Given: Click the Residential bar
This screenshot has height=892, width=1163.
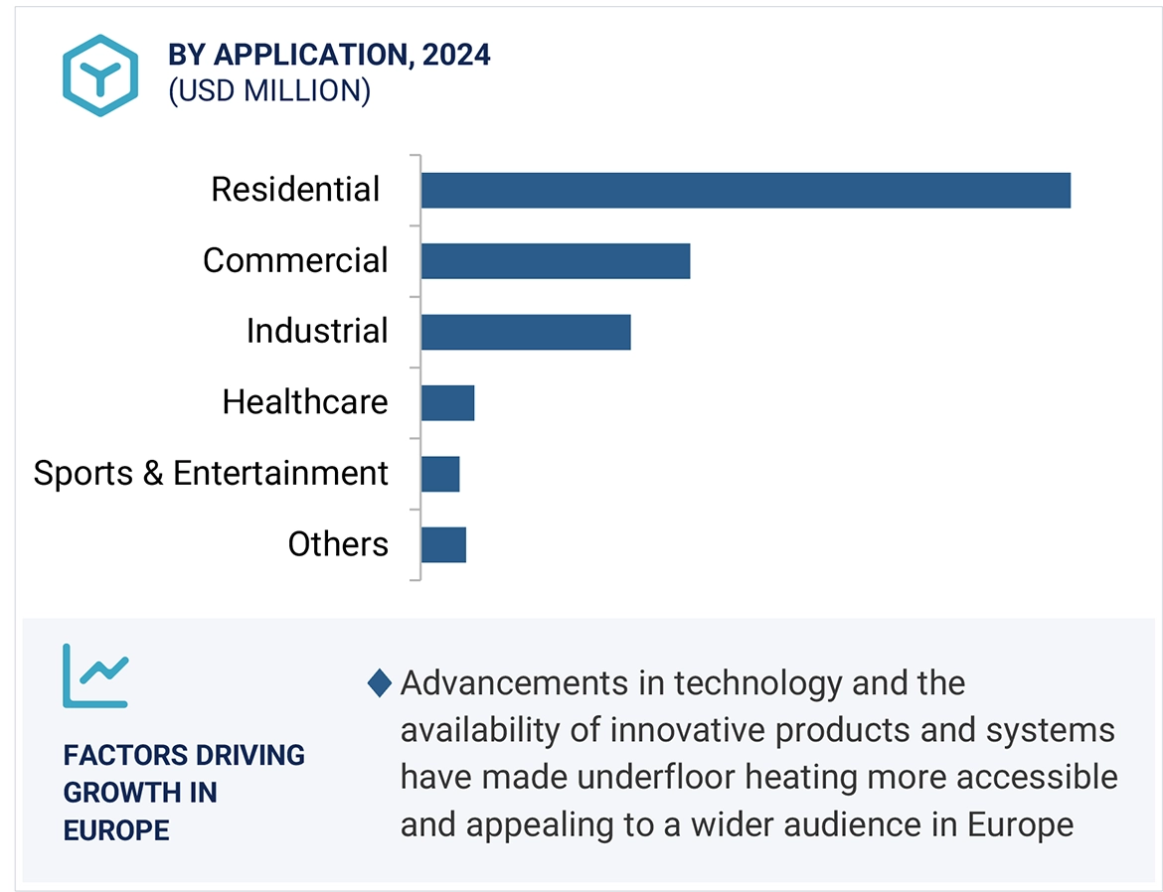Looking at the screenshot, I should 746,190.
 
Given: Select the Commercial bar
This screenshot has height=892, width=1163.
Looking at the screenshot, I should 555,260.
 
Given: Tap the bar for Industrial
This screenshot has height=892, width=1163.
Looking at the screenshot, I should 525,332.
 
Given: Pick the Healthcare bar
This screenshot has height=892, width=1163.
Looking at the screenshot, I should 447,402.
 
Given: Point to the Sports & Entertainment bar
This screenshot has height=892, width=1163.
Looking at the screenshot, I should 440,474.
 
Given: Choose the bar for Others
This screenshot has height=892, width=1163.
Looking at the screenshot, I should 443,544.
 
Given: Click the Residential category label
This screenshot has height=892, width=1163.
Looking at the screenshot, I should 295,190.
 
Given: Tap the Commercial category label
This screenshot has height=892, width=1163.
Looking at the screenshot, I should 295,260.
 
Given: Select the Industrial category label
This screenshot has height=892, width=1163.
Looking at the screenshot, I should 317,332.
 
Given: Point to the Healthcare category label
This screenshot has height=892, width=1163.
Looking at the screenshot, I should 305,402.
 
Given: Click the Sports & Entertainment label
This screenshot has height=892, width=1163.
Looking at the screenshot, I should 211,474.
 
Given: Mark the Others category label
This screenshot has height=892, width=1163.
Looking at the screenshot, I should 338,544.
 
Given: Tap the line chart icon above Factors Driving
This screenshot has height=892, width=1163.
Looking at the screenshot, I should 95,675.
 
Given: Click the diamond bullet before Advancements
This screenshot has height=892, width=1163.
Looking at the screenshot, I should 380,683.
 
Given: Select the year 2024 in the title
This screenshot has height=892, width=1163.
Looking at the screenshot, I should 455,56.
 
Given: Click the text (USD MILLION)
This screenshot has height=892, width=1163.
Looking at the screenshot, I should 269,91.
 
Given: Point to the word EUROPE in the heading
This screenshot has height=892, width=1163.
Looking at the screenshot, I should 116,830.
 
